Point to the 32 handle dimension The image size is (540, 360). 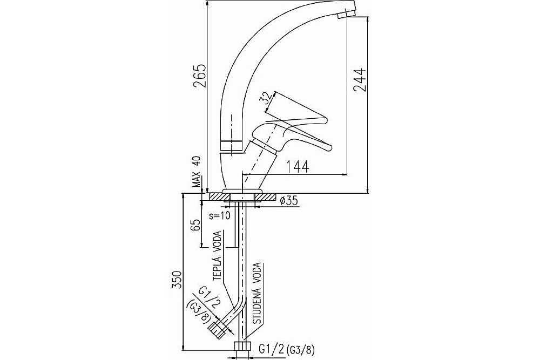(x=265, y=99)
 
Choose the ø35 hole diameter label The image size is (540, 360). (x=288, y=200)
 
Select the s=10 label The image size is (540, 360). (x=220, y=216)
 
